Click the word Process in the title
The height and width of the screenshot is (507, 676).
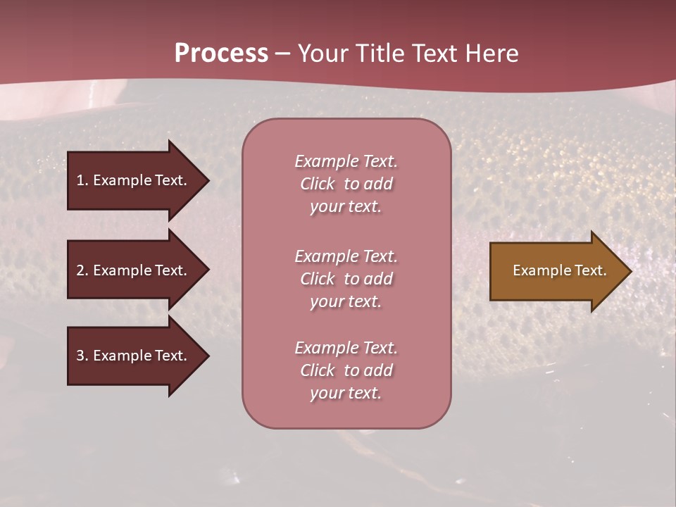[221, 54]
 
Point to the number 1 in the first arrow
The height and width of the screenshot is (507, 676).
[80, 180]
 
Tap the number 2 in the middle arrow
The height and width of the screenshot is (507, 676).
[80, 270]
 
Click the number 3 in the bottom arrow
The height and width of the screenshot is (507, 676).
[80, 356]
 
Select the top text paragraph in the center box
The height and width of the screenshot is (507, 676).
[346, 184]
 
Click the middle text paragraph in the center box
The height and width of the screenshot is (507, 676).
[346, 279]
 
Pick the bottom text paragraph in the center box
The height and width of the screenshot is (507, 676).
[346, 370]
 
